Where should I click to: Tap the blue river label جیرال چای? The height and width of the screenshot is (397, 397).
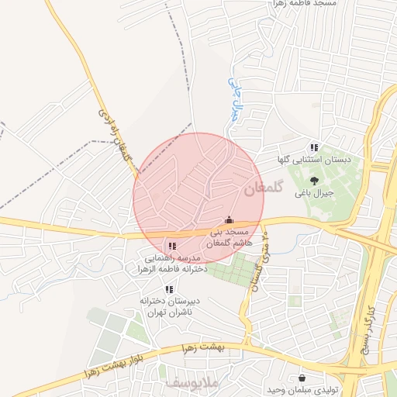point(233,97)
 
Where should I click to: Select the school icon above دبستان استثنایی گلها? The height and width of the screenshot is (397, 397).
point(313,147)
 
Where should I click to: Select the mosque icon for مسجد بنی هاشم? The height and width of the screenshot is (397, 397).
point(228,220)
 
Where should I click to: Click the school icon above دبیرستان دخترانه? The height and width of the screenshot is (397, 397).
point(169,289)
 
